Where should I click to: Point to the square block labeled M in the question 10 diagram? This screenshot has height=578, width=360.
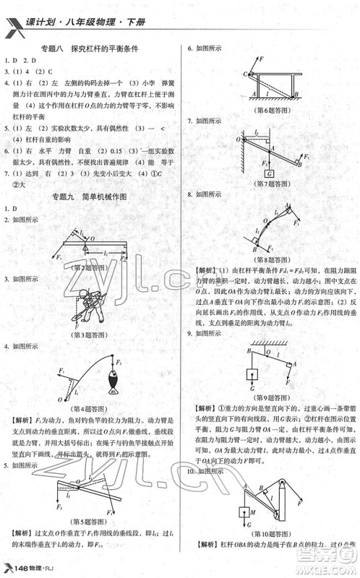[x=244, y=514]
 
